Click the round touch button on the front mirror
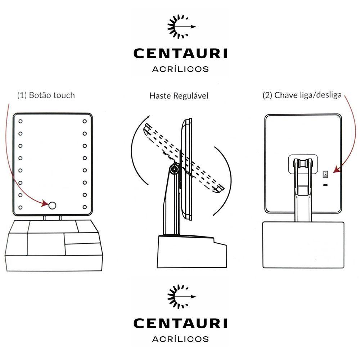click(52, 205)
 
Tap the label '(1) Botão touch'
click(46, 95)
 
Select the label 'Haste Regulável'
click(179, 96)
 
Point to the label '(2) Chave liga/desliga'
click(302, 95)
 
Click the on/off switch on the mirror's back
click(325, 174)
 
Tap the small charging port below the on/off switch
click(325, 185)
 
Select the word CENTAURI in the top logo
click(180, 53)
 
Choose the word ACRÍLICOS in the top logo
click(180, 69)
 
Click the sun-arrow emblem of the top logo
click(181, 27)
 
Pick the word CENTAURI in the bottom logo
click(180, 323)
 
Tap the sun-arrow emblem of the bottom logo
click(181, 297)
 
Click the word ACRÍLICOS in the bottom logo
click(180, 339)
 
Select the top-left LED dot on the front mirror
click(21, 121)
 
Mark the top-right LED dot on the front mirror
click(85, 121)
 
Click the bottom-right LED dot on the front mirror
click(85, 207)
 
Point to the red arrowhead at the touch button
click(45, 203)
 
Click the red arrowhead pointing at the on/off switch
click(337, 170)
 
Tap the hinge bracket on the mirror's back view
click(303, 164)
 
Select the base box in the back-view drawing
click(303, 245)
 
